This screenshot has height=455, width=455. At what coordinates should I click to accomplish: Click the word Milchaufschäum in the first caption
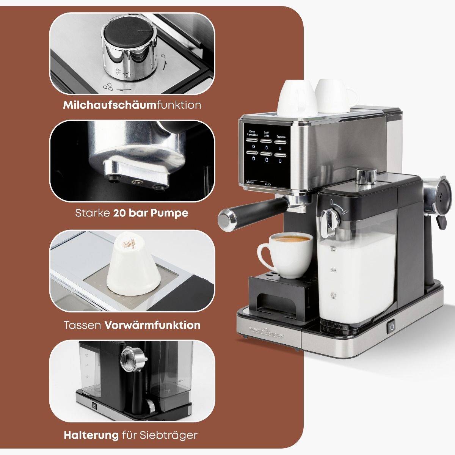(110, 105)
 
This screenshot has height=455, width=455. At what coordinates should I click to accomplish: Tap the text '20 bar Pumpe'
(151, 213)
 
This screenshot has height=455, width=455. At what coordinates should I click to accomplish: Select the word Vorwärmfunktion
(152, 325)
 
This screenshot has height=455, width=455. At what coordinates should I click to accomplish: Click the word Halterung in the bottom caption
(91, 435)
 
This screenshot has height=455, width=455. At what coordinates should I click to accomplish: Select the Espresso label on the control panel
(281, 136)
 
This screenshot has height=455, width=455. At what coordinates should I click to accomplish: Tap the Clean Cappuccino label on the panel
(253, 133)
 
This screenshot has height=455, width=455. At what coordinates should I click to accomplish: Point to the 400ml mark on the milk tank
(333, 270)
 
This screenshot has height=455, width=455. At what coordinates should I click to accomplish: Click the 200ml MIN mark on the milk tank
(333, 295)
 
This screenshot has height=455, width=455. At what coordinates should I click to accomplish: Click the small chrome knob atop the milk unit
(366, 175)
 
